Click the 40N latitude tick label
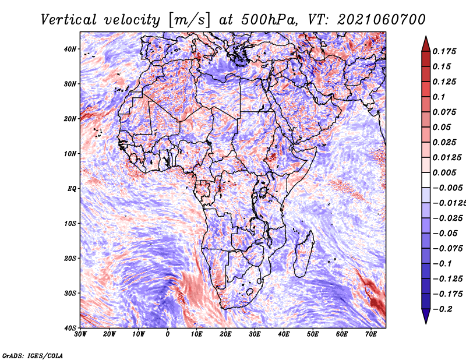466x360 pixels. point(70,49)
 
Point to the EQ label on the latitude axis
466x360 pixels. point(72,189)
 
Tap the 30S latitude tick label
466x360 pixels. point(70,294)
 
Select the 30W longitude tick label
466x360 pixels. point(80,334)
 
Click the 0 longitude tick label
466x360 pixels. point(168,334)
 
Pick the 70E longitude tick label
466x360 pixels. point(371,334)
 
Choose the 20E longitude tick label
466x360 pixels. point(225,334)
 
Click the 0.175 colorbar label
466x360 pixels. point(444,51)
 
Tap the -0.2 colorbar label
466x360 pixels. point(443,309)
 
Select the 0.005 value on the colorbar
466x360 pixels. point(444,172)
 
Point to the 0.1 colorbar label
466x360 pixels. point(439,97)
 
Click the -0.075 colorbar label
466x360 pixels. point(448,249)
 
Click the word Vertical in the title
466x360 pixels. point(68,20)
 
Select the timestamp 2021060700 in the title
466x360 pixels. point(382,20)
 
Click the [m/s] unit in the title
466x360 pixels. point(189,20)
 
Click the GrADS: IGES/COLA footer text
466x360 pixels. point(33,356)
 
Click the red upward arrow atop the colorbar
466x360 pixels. point(426,44)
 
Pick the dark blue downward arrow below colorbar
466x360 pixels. point(426,316)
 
